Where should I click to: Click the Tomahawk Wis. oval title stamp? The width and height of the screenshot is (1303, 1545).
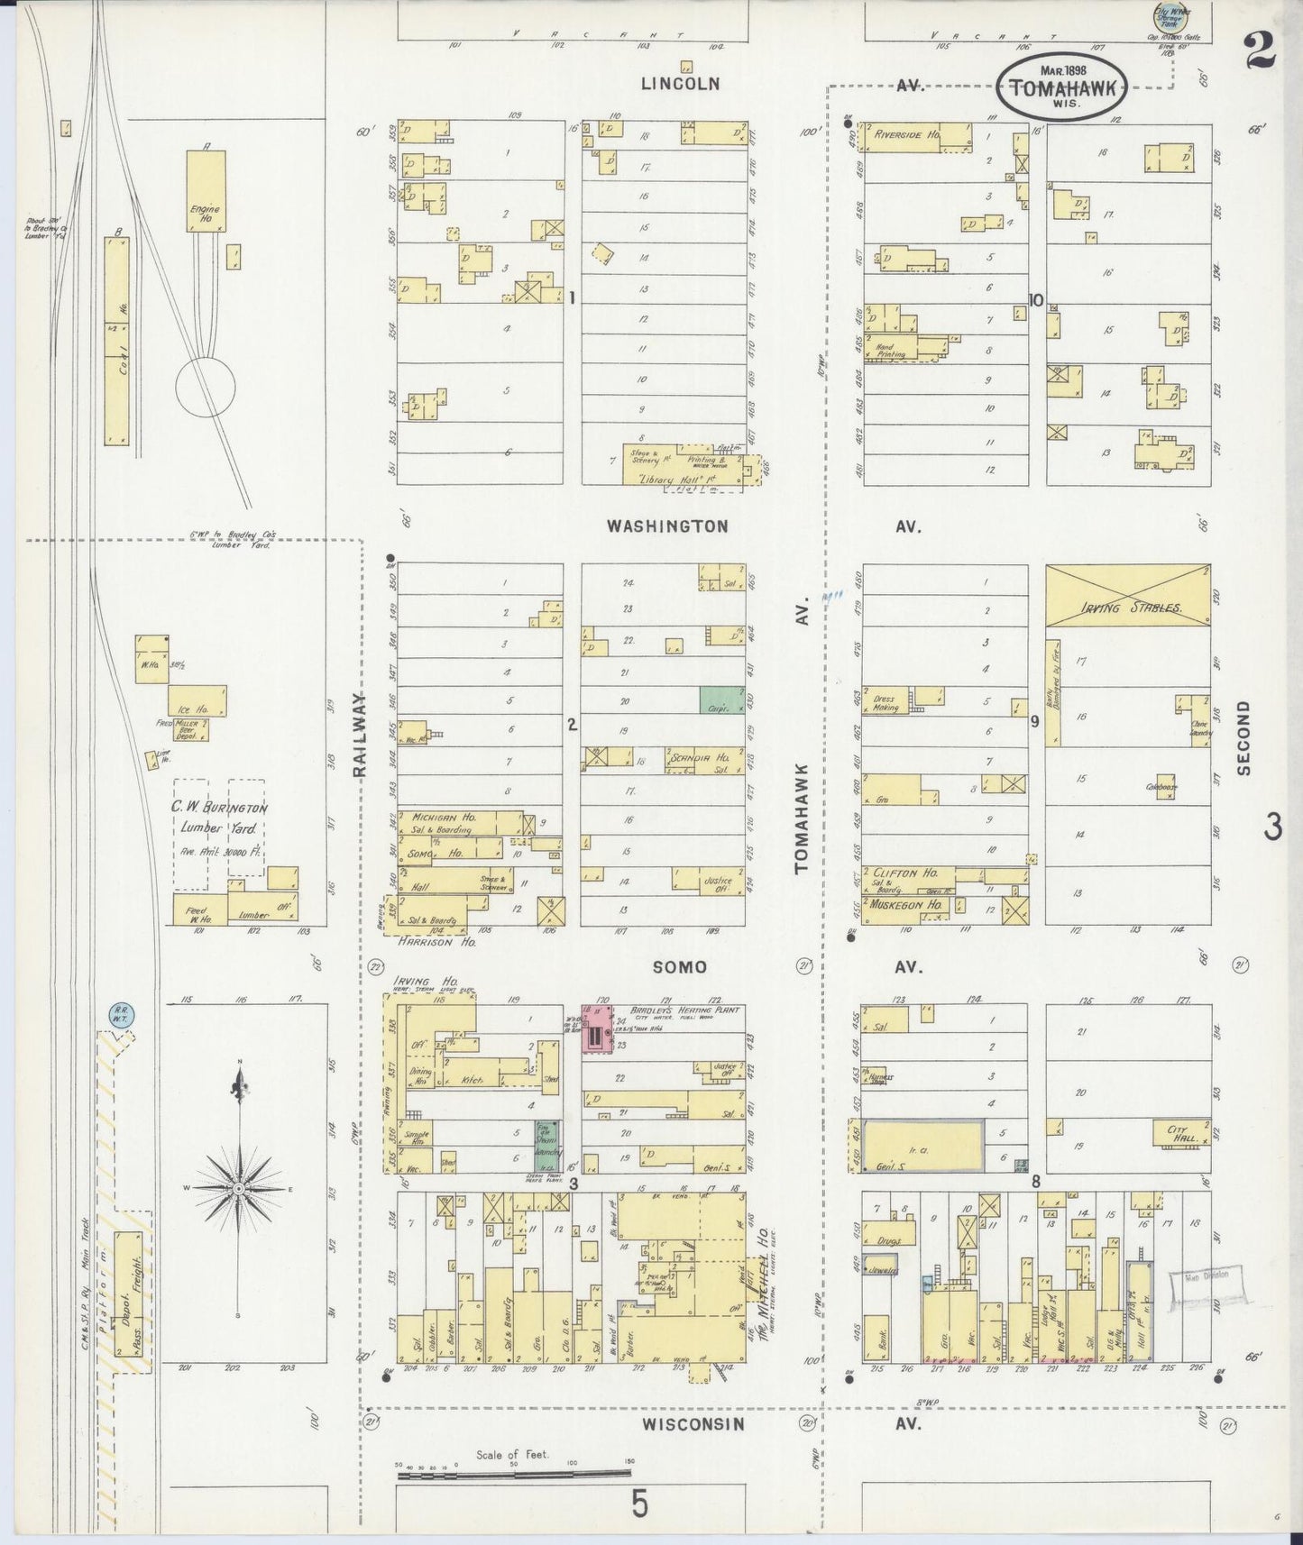[x=1063, y=87]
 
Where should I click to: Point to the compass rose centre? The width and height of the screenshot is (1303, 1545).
[x=239, y=1189]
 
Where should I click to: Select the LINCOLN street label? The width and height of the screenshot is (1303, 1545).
[x=681, y=84]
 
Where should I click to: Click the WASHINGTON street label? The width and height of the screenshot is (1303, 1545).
[x=666, y=526]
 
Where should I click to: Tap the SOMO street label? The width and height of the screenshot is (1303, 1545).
[x=680, y=967]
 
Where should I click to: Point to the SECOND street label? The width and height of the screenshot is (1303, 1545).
[x=1244, y=738]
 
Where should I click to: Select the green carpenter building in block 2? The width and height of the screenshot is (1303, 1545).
[x=722, y=700]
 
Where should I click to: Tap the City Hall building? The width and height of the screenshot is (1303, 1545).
[x=1182, y=1133]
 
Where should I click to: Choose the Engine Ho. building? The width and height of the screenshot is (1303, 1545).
[x=205, y=191]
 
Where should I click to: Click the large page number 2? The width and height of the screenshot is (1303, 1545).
[x=1258, y=50]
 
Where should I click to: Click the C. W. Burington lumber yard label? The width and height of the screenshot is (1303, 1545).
[x=219, y=818]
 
